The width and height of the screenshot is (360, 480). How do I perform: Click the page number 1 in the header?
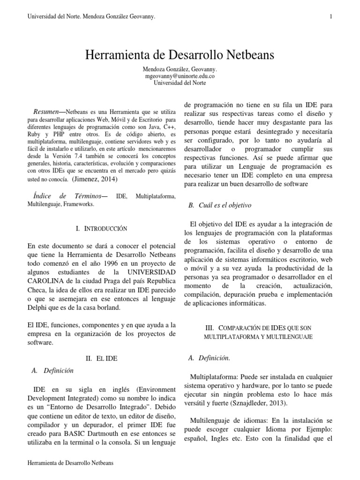[x=331, y=17]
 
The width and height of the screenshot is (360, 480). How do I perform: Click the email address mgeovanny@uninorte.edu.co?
[x=180, y=76]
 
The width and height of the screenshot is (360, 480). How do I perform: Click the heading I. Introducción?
[x=101, y=229]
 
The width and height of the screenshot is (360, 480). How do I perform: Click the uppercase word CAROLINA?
[x=46, y=281]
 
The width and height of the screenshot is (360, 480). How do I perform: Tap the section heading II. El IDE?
[x=101, y=358]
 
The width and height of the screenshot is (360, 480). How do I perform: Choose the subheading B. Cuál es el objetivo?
[x=219, y=205]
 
